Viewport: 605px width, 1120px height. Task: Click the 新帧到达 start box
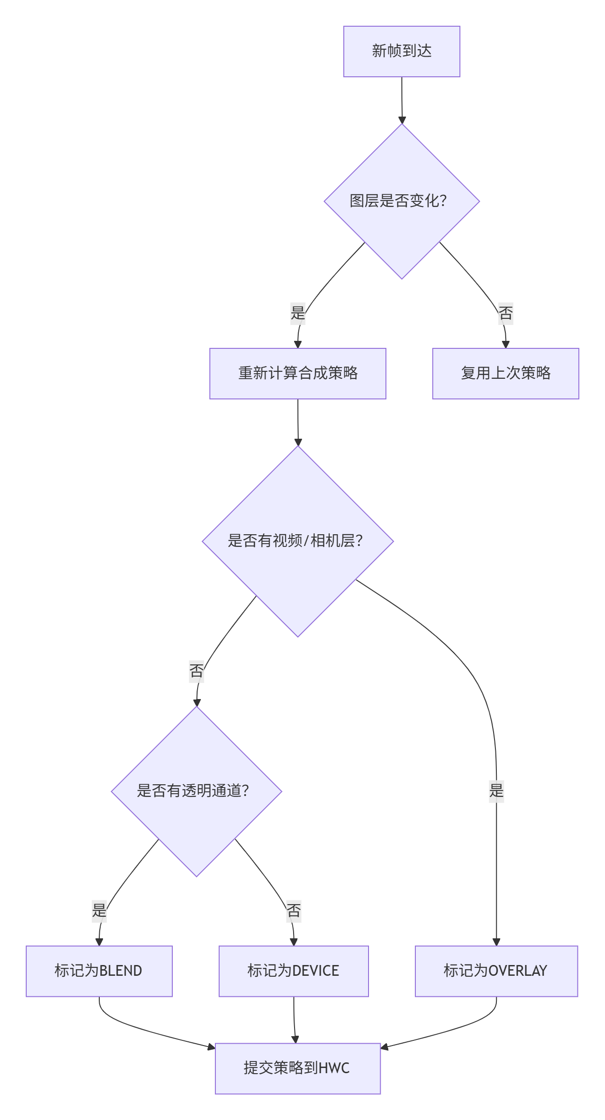tap(401, 52)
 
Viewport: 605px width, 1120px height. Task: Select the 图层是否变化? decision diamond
tap(401, 201)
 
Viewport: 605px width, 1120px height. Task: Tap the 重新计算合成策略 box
tap(297, 373)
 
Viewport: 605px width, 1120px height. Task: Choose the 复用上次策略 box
tap(505, 373)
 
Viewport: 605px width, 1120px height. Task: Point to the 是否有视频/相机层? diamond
tap(297, 541)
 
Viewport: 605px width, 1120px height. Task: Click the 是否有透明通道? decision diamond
tap(196, 791)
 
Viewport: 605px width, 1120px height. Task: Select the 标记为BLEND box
tap(99, 971)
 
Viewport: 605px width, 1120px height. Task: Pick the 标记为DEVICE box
tap(294, 971)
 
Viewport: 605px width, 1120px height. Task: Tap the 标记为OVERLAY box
tap(496, 971)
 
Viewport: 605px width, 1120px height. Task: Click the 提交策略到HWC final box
tap(297, 1068)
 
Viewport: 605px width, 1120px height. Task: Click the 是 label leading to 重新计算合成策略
tap(298, 312)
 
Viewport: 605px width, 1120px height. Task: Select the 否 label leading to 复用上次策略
tap(505, 313)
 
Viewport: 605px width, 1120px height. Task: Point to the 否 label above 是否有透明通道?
tap(197, 671)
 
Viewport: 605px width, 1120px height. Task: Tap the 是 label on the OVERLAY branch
tap(496, 791)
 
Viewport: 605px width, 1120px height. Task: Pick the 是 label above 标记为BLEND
tap(99, 910)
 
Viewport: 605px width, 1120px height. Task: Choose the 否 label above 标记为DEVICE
tap(294, 910)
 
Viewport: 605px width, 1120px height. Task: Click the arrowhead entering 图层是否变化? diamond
tap(402, 120)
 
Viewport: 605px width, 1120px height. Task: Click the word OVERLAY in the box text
tap(517, 971)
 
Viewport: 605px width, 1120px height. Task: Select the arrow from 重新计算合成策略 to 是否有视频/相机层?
tap(298, 421)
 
